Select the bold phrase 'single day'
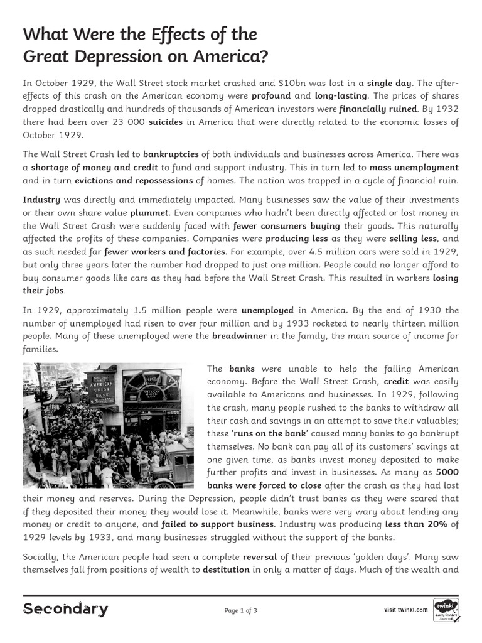coord(389,83)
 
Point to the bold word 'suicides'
coord(165,122)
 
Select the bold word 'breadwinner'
coord(239,336)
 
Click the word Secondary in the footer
coord(65,610)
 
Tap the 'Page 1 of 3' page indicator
coord(240,610)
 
